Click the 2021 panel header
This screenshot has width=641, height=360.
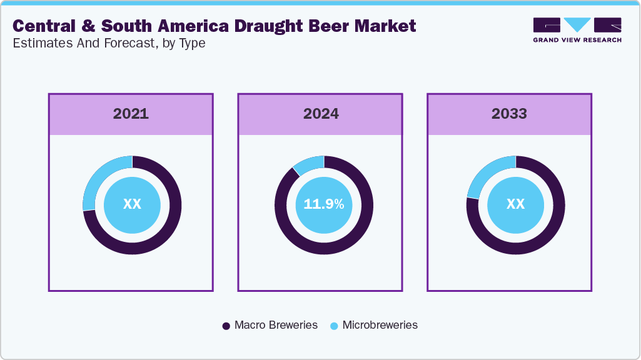click(131, 114)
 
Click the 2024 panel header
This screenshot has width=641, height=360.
click(321, 114)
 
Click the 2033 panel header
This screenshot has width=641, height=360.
click(509, 114)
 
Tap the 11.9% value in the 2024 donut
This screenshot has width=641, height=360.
click(323, 204)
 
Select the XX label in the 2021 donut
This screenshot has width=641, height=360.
click(132, 204)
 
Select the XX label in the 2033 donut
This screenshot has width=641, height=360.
click(515, 204)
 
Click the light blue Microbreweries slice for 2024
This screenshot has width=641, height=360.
click(307, 164)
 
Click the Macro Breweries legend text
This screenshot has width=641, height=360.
click(276, 325)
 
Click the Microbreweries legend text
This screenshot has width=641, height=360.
click(380, 325)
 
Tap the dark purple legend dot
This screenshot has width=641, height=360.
click(226, 326)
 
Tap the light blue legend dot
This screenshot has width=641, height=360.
click(334, 326)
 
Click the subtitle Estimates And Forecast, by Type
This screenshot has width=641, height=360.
click(109, 43)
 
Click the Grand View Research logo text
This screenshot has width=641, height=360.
click(577, 40)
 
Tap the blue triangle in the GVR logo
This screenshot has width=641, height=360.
click(577, 24)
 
